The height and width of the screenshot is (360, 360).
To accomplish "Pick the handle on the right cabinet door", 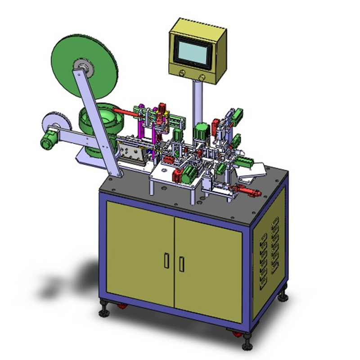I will point(181,264).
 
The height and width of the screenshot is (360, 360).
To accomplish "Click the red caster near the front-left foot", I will point(121,306).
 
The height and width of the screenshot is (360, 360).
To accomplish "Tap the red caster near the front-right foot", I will point(236,334).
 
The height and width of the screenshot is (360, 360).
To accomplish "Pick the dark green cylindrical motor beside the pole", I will point(200,131).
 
